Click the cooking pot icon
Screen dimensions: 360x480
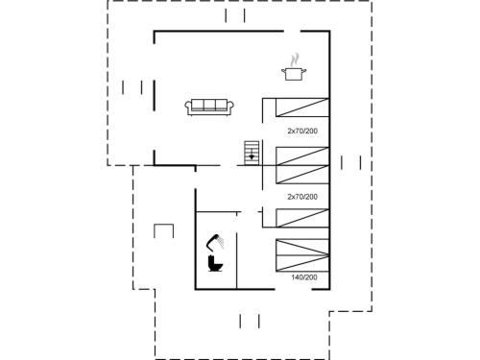pyautogui.click(x=294, y=71)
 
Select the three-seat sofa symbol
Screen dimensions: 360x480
pyautogui.click(x=210, y=107)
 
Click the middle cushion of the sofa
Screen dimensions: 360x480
pyautogui.click(x=210, y=107)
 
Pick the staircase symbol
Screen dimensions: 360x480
pyautogui.click(x=252, y=154)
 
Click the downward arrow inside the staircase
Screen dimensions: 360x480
pyautogui.click(x=252, y=155)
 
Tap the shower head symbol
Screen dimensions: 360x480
pyautogui.click(x=219, y=238)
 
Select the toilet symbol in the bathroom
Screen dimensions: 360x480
pyautogui.click(x=215, y=261)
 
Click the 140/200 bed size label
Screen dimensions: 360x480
pyautogui.click(x=303, y=277)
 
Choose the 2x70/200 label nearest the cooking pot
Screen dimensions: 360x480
pyautogui.click(x=301, y=131)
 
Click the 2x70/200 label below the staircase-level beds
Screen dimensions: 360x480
pyautogui.click(x=301, y=196)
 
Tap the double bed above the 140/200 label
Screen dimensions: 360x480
pyautogui.click(x=301, y=253)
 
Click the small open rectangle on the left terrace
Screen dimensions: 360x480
pyautogui.click(x=164, y=230)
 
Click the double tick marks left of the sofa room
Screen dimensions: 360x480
pyautogui.click(x=133, y=87)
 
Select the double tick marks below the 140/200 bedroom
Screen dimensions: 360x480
pyautogui.click(x=250, y=321)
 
